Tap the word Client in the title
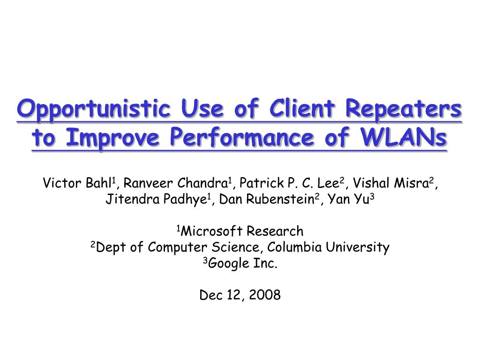(x=302, y=108)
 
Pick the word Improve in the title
(x=112, y=138)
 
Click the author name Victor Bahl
(x=77, y=183)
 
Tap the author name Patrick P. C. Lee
(x=289, y=183)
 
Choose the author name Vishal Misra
(x=390, y=183)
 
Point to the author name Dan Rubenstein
(x=267, y=199)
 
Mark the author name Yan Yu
(x=348, y=199)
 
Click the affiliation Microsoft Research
(x=242, y=231)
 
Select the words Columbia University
(x=328, y=247)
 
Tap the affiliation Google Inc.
(x=242, y=263)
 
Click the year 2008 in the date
(x=265, y=295)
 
